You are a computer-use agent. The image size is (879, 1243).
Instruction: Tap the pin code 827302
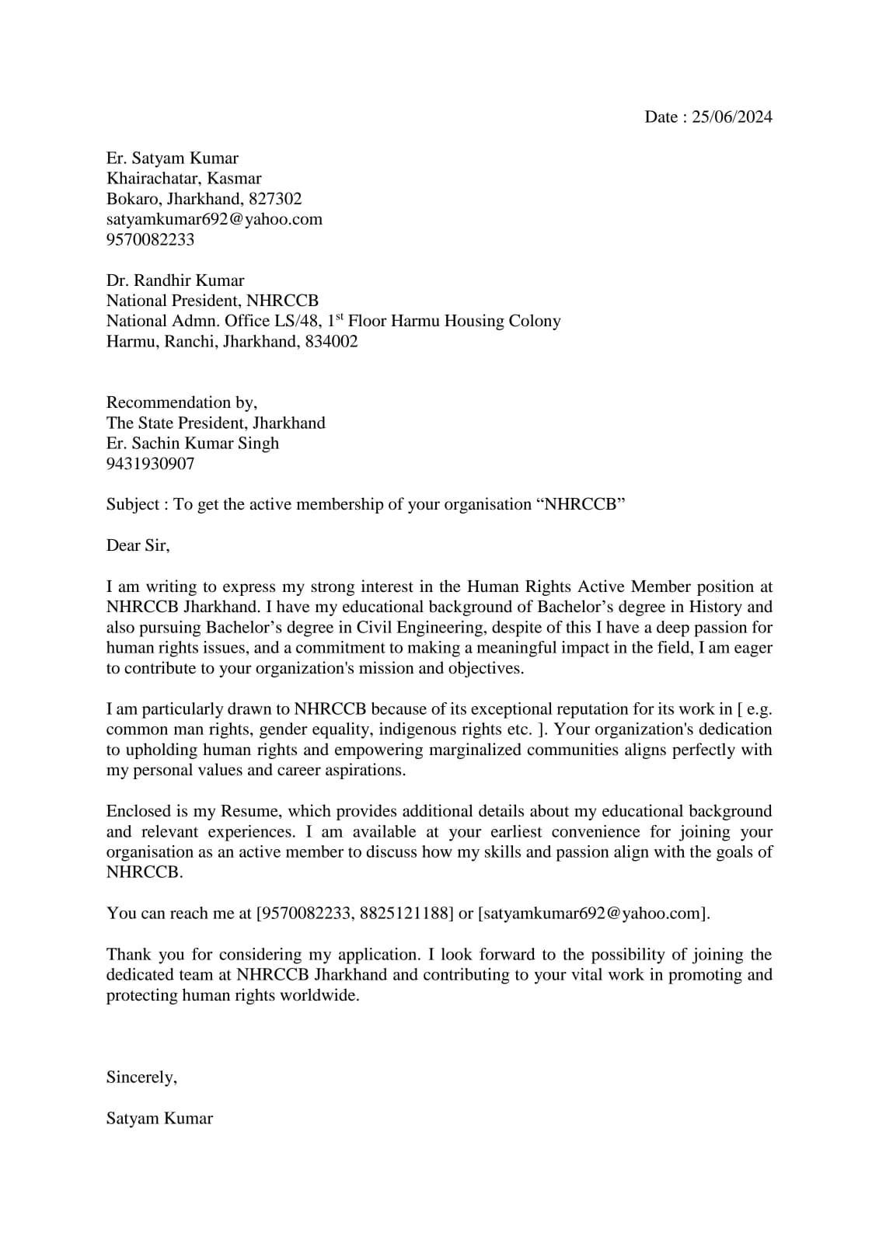click(275, 199)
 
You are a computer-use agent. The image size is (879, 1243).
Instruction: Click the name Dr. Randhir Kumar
click(175, 280)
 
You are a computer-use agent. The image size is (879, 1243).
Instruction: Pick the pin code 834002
click(331, 341)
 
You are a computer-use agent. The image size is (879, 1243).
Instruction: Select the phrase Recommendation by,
click(181, 402)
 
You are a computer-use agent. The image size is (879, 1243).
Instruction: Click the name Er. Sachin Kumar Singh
click(192, 444)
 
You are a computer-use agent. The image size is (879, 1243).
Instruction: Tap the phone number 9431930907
click(150, 464)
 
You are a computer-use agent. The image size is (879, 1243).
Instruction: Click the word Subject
click(133, 505)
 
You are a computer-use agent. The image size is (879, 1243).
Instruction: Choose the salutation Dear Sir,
click(138, 545)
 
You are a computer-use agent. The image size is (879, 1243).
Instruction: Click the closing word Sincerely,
click(141, 1078)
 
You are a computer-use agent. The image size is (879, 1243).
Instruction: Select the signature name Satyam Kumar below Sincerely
click(159, 1119)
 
